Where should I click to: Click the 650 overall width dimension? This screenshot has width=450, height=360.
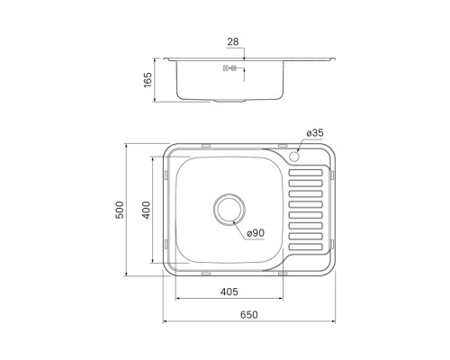click(x=249, y=314)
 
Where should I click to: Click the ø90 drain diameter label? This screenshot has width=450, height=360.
click(x=256, y=234)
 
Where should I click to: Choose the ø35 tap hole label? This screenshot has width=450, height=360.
click(x=314, y=133)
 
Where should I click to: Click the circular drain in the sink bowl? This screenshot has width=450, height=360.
click(x=229, y=209)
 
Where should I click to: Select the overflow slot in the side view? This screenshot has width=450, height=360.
click(x=229, y=68)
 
